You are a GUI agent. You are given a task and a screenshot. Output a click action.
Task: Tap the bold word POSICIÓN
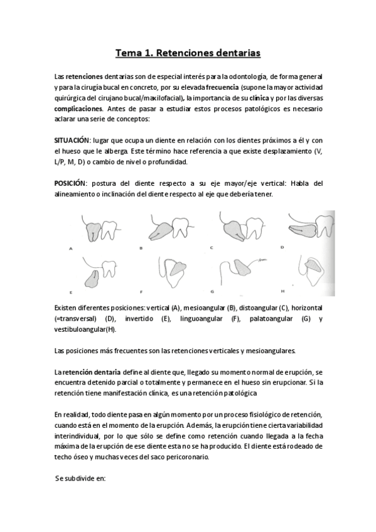[x=70, y=183]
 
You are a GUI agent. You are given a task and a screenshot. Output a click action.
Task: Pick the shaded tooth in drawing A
[x=92, y=229]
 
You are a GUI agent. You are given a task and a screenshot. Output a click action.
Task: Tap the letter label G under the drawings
[x=212, y=292]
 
